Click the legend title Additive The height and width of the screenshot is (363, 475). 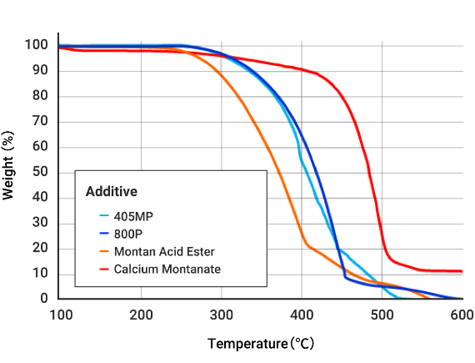112,191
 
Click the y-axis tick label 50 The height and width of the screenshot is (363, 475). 38,172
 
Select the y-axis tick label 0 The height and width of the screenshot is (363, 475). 42,299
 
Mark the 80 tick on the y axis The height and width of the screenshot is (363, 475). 38,96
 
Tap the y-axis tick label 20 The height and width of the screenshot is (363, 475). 38,248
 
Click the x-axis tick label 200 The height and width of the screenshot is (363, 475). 141,315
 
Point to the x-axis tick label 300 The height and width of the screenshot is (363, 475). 222,315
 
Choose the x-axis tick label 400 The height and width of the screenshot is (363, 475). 302,315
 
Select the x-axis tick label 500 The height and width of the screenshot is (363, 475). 382,315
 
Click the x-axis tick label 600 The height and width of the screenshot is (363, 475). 462,315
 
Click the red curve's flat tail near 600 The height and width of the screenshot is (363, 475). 450,270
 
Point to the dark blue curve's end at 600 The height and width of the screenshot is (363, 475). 460,298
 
